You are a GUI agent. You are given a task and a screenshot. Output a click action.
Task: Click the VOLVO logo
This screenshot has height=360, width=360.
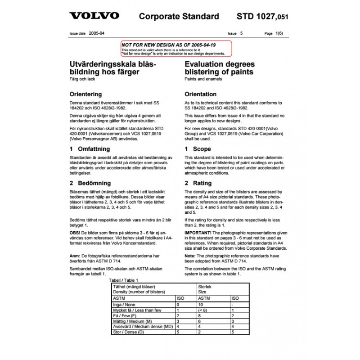(x=94, y=16)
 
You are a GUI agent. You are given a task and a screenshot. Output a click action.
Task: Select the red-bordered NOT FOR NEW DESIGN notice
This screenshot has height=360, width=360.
(x=176, y=48)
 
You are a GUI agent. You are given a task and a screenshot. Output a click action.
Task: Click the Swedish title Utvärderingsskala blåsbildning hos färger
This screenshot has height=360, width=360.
(x=111, y=68)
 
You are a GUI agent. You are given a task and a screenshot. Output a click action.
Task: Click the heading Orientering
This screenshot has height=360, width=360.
(x=85, y=94)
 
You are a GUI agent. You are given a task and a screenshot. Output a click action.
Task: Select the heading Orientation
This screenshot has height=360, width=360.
(x=201, y=94)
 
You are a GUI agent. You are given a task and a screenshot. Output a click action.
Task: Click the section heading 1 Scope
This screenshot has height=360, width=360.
(x=198, y=149)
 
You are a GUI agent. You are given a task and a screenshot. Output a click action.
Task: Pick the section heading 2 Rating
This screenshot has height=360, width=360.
(x=198, y=183)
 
